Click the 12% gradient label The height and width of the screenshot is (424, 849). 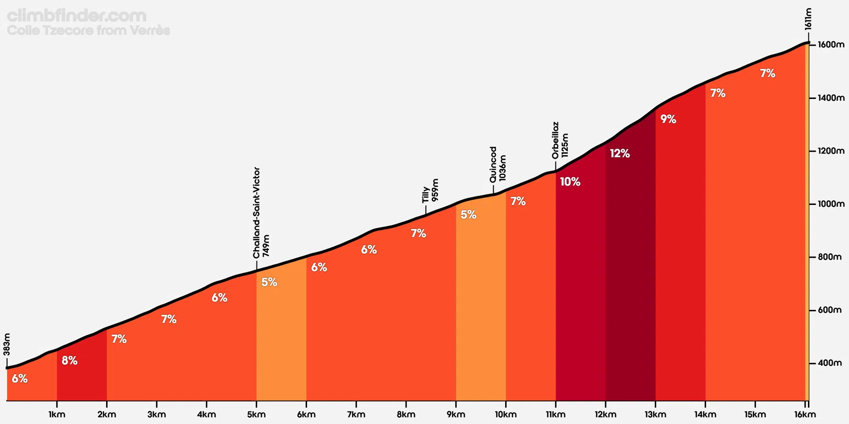[x=620, y=154]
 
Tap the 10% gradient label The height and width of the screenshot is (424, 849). [x=570, y=182]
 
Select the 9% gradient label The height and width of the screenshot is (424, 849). [x=668, y=119]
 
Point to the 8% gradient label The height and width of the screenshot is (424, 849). [x=69, y=361]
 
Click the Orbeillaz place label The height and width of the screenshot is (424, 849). [x=556, y=140]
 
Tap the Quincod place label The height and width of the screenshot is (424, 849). [x=493, y=164]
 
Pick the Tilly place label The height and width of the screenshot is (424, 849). [x=426, y=195]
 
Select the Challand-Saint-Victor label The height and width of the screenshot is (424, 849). [x=257, y=212]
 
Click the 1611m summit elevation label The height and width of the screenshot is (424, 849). [x=808, y=19]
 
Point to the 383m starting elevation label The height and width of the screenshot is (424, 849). [x=7, y=344]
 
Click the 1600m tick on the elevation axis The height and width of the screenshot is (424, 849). [x=831, y=45]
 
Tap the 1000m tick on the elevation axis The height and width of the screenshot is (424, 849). [x=831, y=204]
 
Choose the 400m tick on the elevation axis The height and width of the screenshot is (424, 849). [x=829, y=363]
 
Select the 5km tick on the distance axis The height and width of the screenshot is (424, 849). [x=256, y=415]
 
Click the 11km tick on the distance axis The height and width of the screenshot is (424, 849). [x=556, y=415]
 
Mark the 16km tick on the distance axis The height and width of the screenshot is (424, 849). [x=805, y=415]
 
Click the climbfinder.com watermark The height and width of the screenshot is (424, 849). [x=77, y=16]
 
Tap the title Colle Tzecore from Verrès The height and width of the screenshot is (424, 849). [x=89, y=31]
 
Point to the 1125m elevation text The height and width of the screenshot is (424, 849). [x=565, y=146]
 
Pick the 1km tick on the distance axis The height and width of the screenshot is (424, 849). [x=57, y=415]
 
